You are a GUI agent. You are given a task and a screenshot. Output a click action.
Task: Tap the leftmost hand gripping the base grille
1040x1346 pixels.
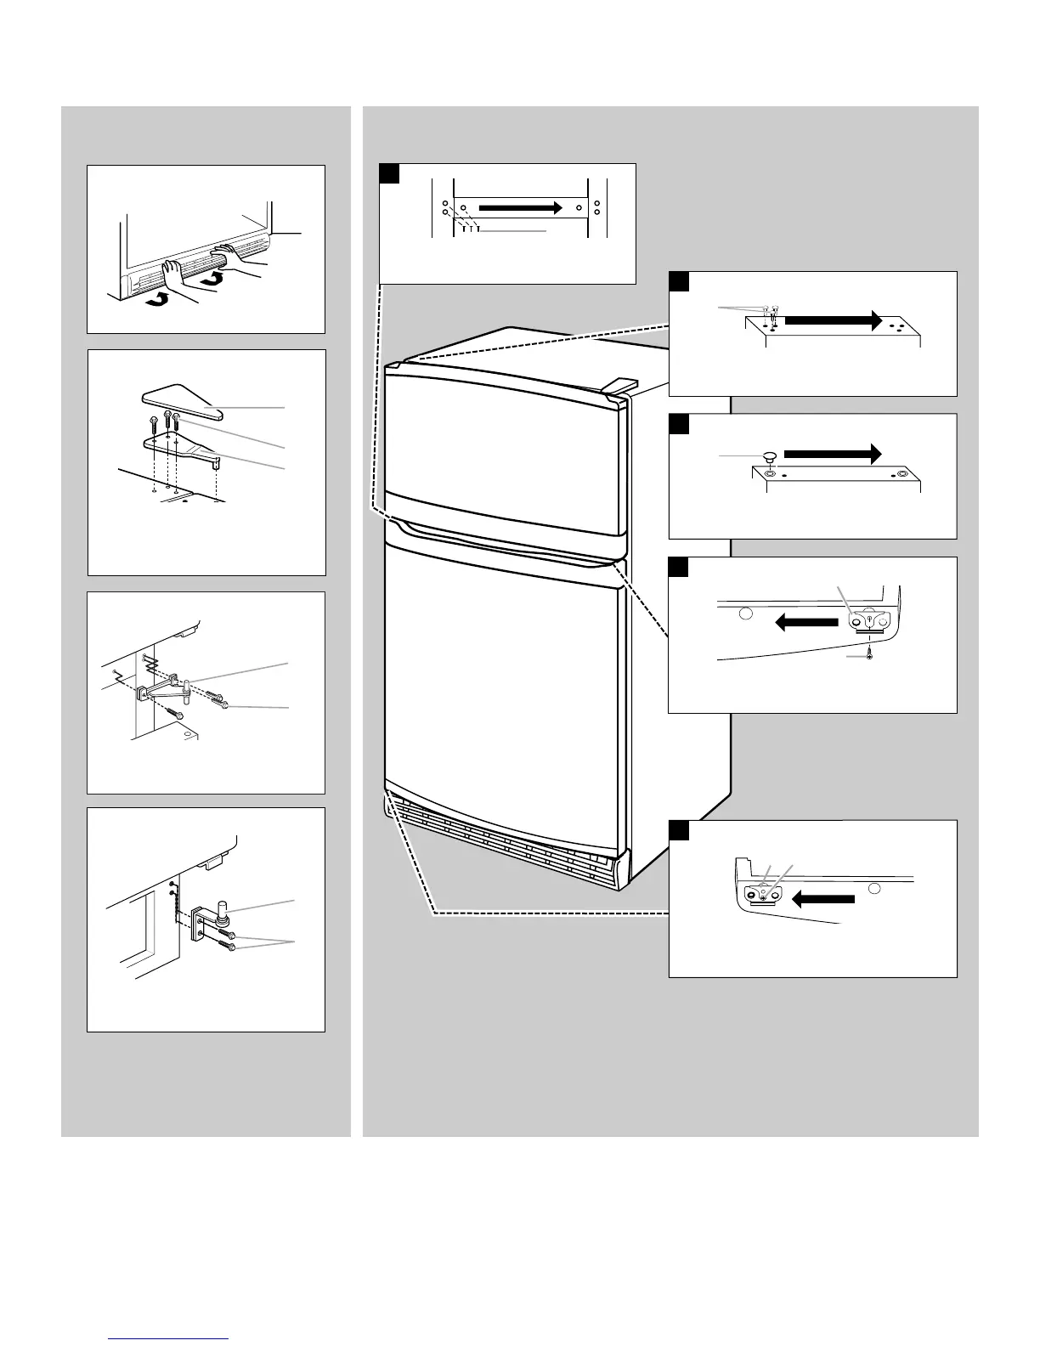pyautogui.click(x=179, y=278)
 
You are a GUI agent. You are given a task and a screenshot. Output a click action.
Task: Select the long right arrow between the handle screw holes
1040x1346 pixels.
pyautogui.click(x=521, y=207)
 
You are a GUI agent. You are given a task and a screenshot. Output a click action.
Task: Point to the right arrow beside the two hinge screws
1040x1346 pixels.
pyautogui.click(x=833, y=320)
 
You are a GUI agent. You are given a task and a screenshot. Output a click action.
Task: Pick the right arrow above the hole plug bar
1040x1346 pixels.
pyautogui.click(x=833, y=454)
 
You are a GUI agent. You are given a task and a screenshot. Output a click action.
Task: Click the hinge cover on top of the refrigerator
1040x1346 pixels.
pyautogui.click(x=619, y=385)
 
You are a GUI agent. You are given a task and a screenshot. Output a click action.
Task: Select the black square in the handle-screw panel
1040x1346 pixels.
pyautogui.click(x=389, y=173)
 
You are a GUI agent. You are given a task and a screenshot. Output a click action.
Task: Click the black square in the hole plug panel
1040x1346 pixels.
pyautogui.click(x=678, y=424)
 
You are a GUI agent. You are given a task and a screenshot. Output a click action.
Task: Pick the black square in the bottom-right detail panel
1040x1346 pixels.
pyautogui.click(x=678, y=830)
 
